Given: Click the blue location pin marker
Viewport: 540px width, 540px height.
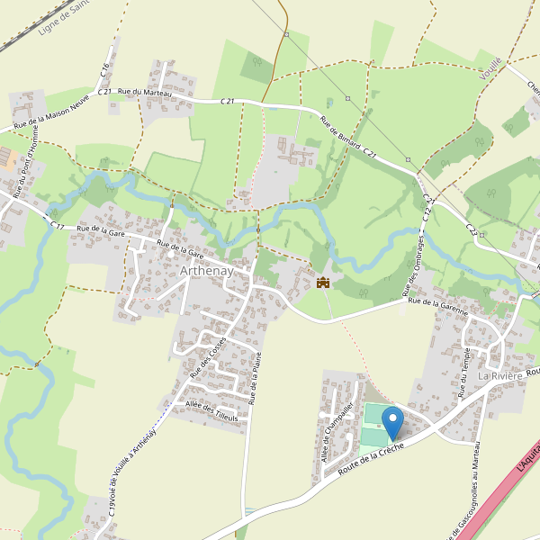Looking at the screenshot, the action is click(392, 421).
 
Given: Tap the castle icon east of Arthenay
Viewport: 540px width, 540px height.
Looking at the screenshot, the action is click(322, 283).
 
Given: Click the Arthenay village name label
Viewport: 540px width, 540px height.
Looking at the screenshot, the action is click(206, 271).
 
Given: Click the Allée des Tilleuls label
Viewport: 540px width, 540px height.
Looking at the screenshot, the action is click(211, 413).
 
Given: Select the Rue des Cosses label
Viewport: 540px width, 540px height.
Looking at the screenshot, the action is click(207, 356).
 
